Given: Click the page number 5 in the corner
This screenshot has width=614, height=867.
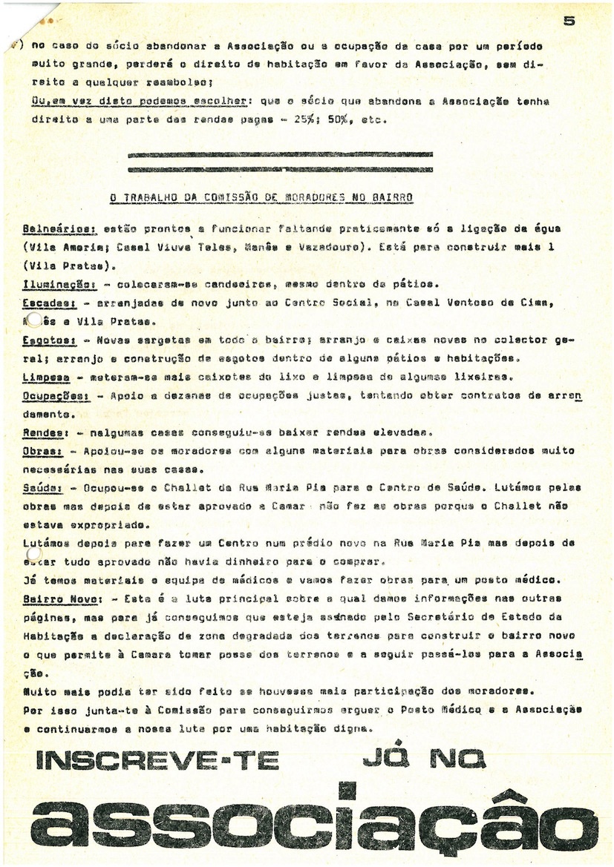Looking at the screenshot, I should pyautogui.click(x=569, y=22).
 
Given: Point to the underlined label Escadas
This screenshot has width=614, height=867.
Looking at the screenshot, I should pyautogui.click(x=45, y=303).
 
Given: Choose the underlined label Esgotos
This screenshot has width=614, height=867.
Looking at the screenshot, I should pyautogui.click(x=46, y=340).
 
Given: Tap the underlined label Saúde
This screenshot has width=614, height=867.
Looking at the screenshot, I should pyautogui.click(x=41, y=487).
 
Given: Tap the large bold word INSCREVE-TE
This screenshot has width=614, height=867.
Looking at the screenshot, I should pyautogui.click(x=153, y=759).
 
